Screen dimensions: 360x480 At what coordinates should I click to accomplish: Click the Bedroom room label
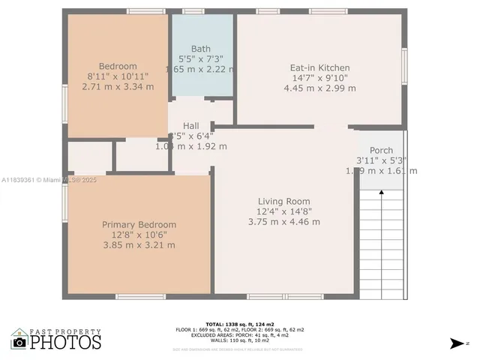118,66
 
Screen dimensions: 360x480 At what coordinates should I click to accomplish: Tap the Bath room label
201,49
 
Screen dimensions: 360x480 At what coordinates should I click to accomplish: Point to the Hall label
190,125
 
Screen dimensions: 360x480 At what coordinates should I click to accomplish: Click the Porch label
381,150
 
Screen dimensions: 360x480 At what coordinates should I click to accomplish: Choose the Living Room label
283,201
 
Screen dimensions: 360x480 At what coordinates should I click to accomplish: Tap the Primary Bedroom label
139,224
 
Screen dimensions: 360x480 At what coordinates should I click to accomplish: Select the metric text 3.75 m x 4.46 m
283,221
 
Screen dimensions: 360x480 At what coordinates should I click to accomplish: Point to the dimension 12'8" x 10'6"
139,235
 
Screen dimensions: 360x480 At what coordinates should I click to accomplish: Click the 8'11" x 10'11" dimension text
118,76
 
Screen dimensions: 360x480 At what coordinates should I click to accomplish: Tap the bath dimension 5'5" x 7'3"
201,59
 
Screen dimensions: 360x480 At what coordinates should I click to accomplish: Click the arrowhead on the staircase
382,193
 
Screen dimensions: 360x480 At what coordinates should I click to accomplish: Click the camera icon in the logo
19,342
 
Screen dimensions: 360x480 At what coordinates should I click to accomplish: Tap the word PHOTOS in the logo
66,342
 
